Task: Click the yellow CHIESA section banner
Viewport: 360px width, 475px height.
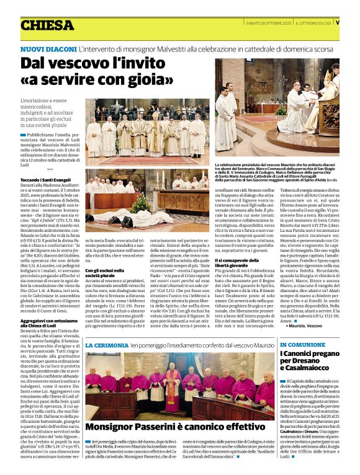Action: [47, 25]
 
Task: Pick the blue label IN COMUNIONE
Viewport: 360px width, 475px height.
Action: [301, 345]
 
